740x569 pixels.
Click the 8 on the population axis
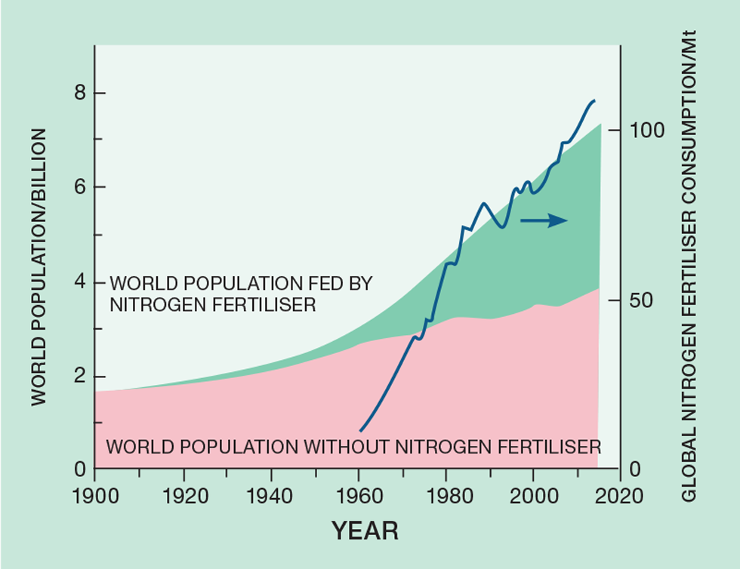(x=78, y=94)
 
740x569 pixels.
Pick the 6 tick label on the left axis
(x=78, y=188)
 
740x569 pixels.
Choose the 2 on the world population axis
(x=78, y=377)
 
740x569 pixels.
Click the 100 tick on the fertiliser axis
(x=647, y=131)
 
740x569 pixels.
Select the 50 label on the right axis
(x=642, y=300)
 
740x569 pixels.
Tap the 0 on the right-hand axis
(x=636, y=469)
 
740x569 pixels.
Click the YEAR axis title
(x=365, y=531)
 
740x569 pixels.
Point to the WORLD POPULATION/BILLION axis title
(x=39, y=267)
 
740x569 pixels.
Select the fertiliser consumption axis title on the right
(x=689, y=266)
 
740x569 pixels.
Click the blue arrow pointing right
(x=544, y=220)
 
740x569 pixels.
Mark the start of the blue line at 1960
(x=360, y=430)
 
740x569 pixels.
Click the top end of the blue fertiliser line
(x=594, y=100)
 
